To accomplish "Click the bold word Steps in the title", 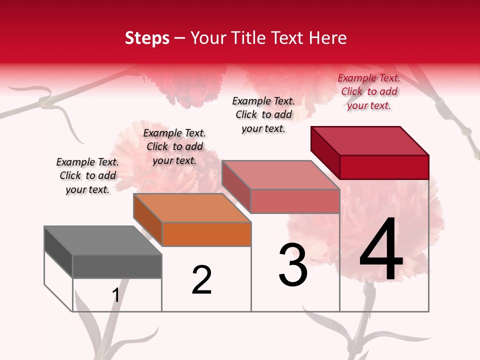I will (147, 37).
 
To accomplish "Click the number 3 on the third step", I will (292, 265).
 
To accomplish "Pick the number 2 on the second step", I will (201, 280).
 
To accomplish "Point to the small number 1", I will (116, 295).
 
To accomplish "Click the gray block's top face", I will (102, 240).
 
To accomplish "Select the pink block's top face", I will (280, 175).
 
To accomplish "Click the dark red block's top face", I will (369, 140).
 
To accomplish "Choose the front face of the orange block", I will (206, 234).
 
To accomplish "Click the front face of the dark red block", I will (384, 167).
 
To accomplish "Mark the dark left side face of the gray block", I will (58, 251).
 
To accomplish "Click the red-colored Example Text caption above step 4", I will (369, 91).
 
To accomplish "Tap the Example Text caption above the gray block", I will (87, 175).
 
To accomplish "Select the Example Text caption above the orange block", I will (174, 146).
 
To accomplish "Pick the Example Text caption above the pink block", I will (263, 114).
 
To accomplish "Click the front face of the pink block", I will (295, 201).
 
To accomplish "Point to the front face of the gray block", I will (117, 266).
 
